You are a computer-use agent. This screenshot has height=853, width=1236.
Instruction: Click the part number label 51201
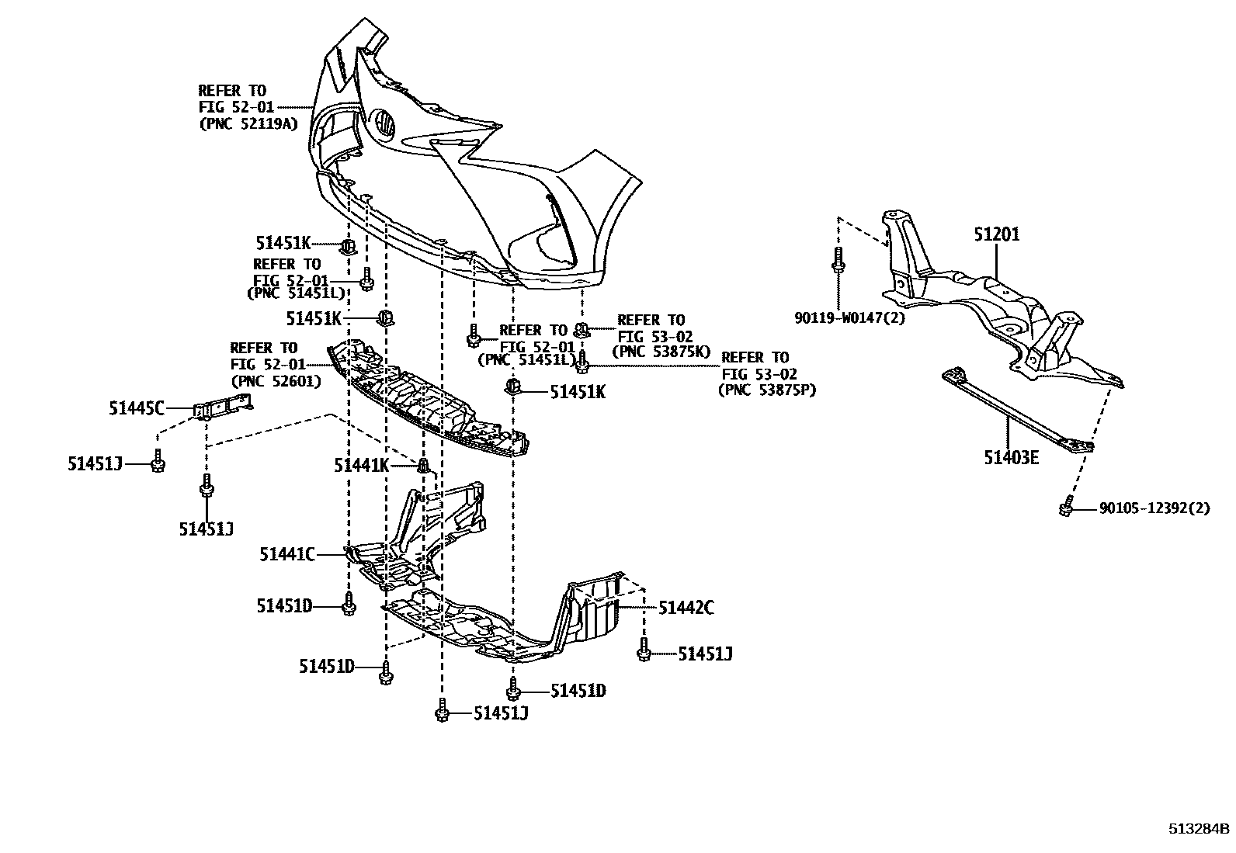point(997,234)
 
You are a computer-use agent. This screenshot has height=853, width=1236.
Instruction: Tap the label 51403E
point(1011,457)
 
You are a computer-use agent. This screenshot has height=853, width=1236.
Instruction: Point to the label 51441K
point(361,465)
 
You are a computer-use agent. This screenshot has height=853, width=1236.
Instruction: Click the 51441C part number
point(287,554)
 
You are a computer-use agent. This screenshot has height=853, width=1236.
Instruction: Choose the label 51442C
point(686,608)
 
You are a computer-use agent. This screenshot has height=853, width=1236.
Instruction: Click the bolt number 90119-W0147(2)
point(849,317)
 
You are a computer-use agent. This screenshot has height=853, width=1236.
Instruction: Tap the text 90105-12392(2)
point(1154,509)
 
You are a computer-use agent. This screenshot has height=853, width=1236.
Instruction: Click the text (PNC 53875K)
point(661,351)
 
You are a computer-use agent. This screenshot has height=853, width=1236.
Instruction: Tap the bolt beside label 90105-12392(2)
point(1066,507)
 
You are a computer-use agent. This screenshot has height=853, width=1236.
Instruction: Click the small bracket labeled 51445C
point(224,405)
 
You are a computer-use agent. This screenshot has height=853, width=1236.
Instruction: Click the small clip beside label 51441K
point(423,465)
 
